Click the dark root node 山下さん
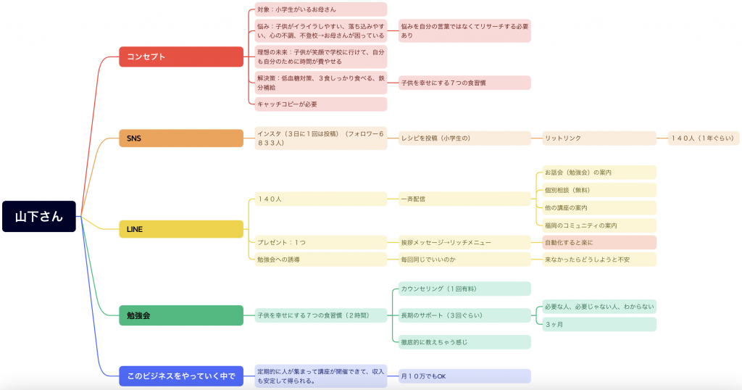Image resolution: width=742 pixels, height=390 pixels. [39, 216]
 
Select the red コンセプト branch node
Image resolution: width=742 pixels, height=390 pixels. [181, 57]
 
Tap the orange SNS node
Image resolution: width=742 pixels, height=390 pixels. [181, 138]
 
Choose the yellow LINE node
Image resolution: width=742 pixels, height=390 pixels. [181, 229]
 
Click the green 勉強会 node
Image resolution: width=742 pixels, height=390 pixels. [181, 315]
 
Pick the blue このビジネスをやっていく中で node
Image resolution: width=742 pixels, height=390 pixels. [181, 376]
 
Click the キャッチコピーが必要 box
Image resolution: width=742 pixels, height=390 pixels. [321, 104]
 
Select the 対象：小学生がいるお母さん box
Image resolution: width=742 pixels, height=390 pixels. [321, 9]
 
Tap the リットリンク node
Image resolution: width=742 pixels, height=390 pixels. [599, 138]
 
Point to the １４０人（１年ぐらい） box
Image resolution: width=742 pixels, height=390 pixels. [703, 138]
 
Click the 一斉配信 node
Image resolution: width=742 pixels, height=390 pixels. [464, 199]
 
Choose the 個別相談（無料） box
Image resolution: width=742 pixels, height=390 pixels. [599, 190]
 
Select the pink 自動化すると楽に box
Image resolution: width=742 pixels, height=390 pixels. [599, 242]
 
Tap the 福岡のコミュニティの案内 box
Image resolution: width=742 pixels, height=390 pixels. [599, 225]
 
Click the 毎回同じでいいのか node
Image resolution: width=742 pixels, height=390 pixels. [464, 260]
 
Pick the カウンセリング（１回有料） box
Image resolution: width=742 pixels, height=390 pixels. [464, 289]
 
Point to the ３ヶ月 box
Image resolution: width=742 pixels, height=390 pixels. [599, 324]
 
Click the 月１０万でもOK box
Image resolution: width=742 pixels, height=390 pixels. [464, 376]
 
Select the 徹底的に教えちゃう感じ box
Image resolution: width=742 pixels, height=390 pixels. [464, 342]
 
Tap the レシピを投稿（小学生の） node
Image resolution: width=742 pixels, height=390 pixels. [464, 138]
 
